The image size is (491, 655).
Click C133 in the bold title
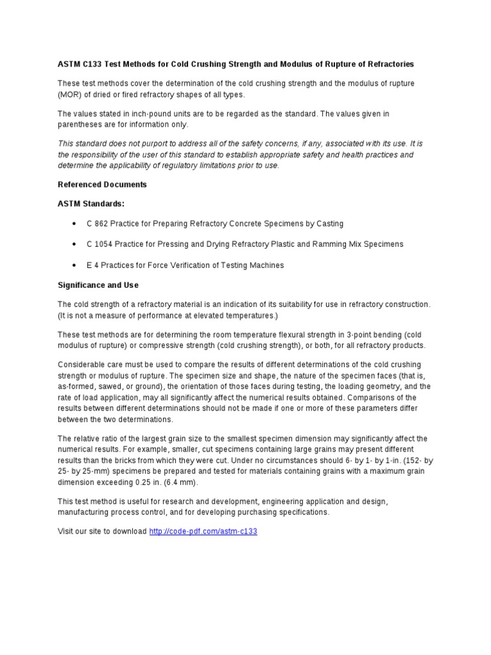click(92, 64)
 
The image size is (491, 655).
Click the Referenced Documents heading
click(102, 184)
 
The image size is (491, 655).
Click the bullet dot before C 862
click(75, 224)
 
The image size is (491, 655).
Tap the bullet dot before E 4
click(75, 265)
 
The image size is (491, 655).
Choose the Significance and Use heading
click(98, 285)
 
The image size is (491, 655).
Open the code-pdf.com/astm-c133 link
click(203, 532)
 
